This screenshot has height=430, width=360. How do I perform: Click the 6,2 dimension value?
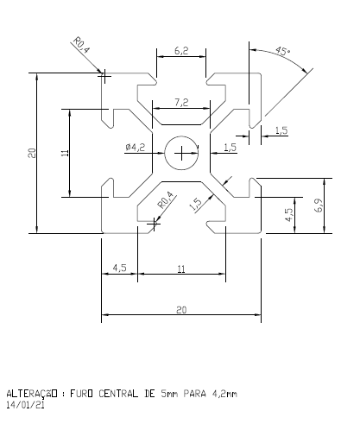tap(181, 51)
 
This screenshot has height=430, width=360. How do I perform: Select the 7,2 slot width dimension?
tap(181, 103)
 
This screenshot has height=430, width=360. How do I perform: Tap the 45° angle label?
tap(282, 51)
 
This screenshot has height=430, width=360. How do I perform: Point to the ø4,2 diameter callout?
tap(136, 148)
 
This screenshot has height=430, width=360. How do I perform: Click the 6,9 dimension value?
tap(319, 206)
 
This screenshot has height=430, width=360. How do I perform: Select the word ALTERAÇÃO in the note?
tap(32, 394)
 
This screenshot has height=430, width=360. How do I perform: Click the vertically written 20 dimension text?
tap(30, 153)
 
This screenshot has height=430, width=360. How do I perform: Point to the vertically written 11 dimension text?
tap(65, 153)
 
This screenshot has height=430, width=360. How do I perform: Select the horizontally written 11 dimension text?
tap(181, 270)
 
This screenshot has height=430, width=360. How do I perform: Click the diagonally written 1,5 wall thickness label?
tap(195, 204)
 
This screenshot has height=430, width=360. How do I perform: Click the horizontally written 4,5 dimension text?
tap(120, 270)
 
